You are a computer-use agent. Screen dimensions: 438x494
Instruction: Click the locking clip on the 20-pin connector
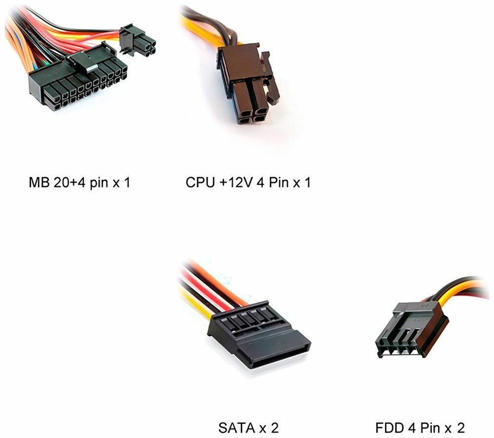pyautogui.click(x=82, y=58)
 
